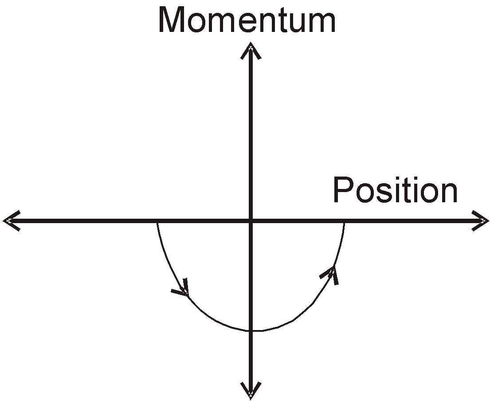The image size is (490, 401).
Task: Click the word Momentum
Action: pyautogui.click(x=247, y=20)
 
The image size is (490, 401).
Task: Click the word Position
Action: pyautogui.click(x=395, y=189)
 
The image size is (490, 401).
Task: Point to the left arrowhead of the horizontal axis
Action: pyautogui.click(x=11, y=220)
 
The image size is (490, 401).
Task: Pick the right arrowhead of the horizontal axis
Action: pyautogui.click(x=480, y=220)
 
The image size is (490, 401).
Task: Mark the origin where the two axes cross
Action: pyautogui.click(x=251, y=221)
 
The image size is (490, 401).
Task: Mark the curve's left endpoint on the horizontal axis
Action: pyautogui.click(x=157, y=223)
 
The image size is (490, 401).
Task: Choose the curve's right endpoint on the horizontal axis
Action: pyautogui.click(x=344, y=223)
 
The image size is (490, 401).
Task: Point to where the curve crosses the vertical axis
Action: pyautogui.click(x=251, y=330)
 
